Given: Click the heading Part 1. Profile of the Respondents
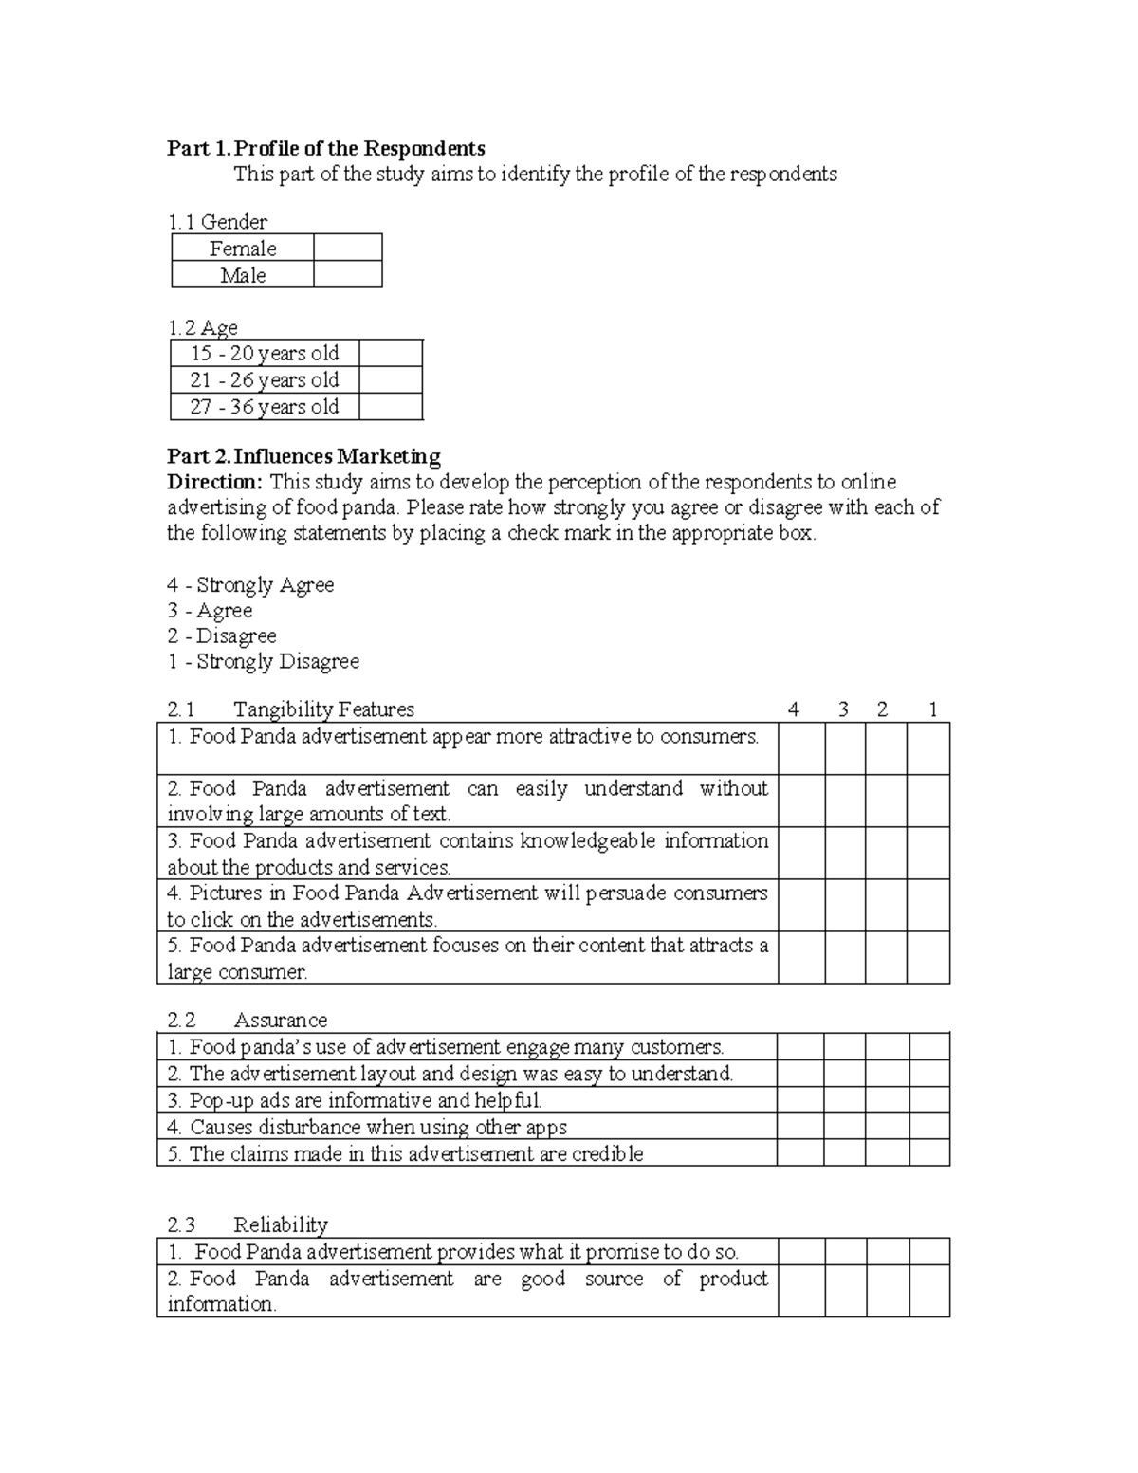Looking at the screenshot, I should point(325,148).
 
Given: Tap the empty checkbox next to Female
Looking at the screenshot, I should point(347,249).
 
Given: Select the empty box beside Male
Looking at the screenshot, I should point(347,275).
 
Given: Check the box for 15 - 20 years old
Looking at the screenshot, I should point(391,354).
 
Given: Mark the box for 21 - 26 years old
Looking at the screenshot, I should point(391,380).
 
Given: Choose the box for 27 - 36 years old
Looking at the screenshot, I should point(391,407).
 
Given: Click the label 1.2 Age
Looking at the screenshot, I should point(203,328).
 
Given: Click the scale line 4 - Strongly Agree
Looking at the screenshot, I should point(250,585).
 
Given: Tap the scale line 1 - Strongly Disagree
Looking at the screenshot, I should point(263,662).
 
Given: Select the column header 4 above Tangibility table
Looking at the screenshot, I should point(794,709).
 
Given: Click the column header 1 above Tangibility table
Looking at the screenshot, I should point(933,709).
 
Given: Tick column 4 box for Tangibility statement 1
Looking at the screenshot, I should point(801,748).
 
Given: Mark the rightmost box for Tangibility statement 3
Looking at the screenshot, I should point(928,853).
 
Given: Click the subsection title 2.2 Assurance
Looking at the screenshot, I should point(247,1021).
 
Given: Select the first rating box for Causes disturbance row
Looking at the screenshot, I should point(799,1127).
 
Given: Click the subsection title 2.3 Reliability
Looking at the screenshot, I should point(247,1224).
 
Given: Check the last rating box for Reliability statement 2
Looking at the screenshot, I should point(929,1291).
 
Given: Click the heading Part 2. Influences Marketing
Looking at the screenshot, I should point(303,456).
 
